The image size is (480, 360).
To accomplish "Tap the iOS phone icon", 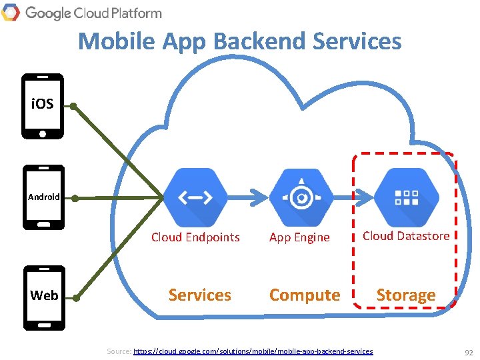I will tap(43, 106).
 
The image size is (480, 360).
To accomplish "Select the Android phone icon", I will tap(43, 197).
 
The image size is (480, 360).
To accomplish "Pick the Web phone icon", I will tap(44, 297).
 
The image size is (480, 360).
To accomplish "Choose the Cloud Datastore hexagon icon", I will tap(406, 197).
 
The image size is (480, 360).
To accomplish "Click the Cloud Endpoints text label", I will tap(195, 237).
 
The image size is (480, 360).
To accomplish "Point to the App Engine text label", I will tap(299, 237).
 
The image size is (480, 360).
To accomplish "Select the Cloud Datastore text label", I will tap(406, 236).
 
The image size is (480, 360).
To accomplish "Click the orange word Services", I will tap(200, 295).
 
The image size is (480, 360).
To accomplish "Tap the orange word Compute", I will tap(305, 295).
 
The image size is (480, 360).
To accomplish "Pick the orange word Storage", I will tap(406, 295).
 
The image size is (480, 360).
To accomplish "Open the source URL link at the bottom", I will tap(253, 351).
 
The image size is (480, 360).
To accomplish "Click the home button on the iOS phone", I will tap(43, 133).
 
